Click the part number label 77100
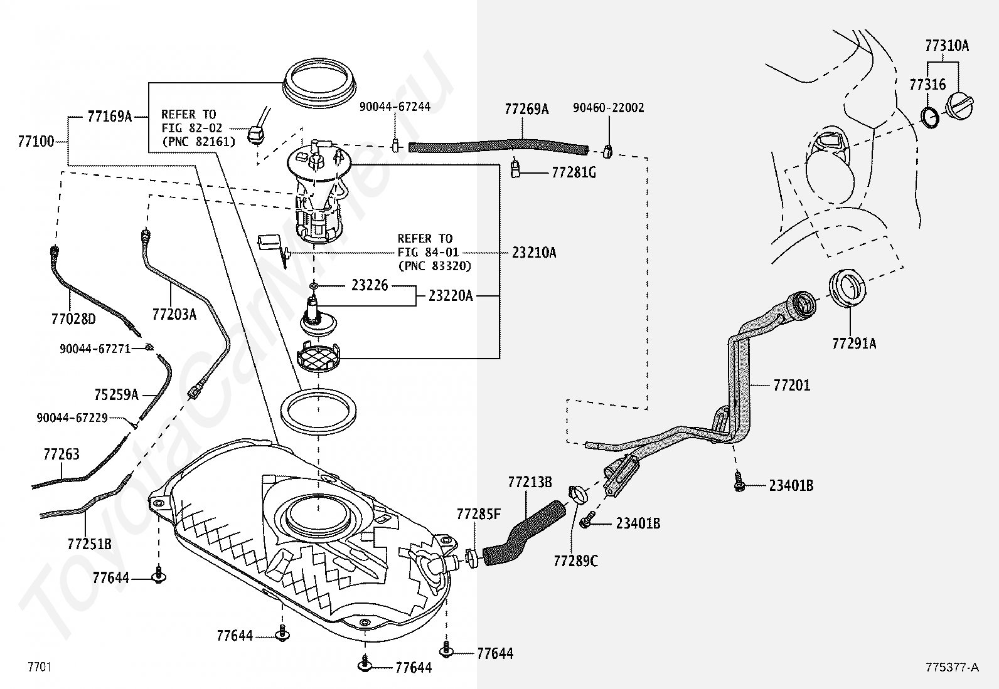[35, 142]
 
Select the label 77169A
[109, 116]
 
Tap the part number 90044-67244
[395, 107]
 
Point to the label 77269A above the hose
[526, 110]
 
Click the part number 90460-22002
[608, 108]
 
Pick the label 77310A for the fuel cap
[946, 45]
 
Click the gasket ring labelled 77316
[931, 117]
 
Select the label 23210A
[534, 253]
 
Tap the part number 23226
[370, 285]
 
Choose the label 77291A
[854, 344]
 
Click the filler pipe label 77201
[791, 385]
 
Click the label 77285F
[479, 515]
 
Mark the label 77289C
[575, 560]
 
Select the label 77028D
[73, 320]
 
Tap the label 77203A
[174, 313]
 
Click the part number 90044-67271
[95, 349]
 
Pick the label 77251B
[89, 544]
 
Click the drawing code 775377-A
[951, 667]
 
